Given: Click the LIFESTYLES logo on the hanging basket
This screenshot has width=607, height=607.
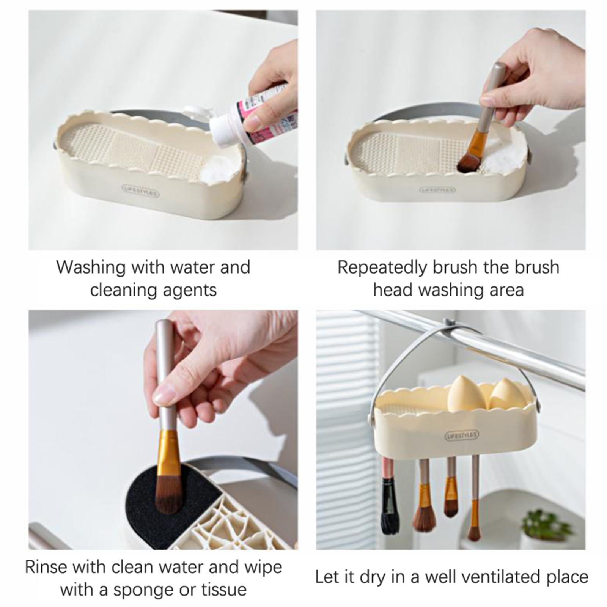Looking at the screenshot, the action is click(462, 435).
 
